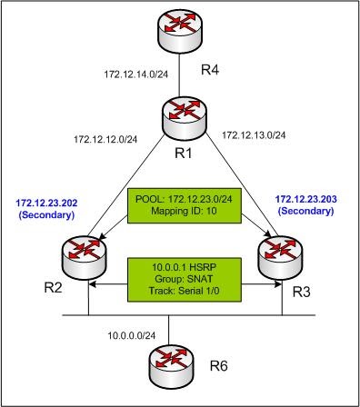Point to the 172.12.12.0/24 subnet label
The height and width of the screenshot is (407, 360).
click(105, 140)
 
